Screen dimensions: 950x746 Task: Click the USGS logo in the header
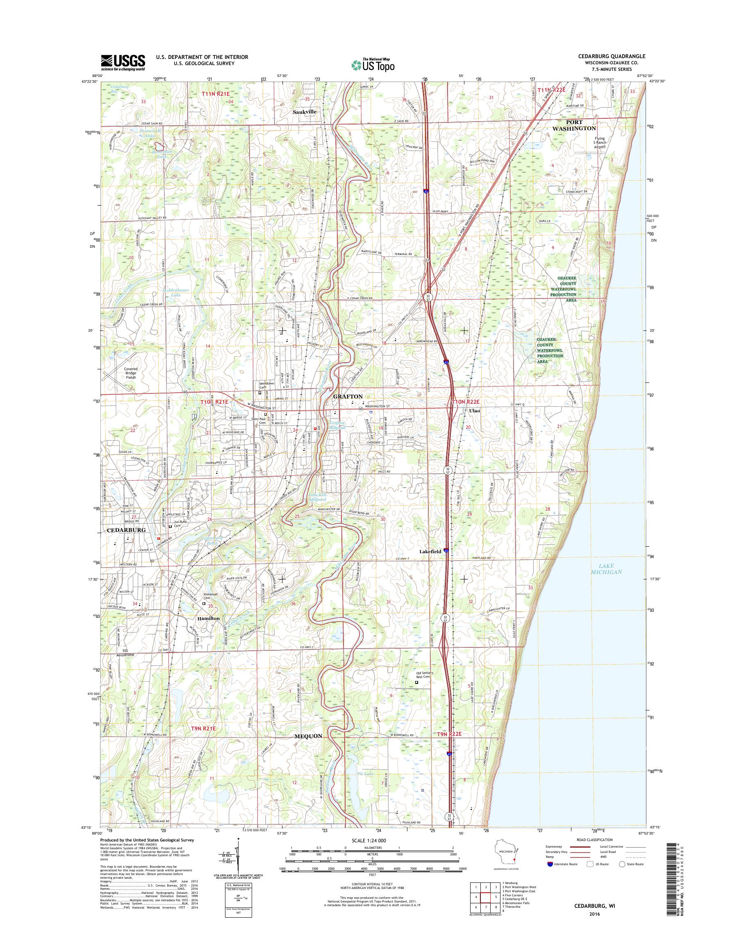tap(123, 62)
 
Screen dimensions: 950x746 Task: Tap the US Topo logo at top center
tap(373, 65)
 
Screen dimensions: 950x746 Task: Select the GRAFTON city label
tap(348, 396)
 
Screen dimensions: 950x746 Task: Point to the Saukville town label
tap(305, 112)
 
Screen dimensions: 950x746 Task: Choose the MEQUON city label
tap(309, 736)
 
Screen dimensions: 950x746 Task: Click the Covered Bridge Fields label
tap(131, 373)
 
